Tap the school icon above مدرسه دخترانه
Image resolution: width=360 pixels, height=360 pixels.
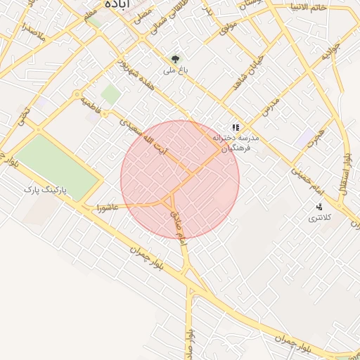click(x=236, y=128)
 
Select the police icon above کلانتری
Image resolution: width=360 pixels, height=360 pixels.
click(x=319, y=207)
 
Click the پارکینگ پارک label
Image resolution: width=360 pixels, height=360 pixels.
click(x=48, y=190)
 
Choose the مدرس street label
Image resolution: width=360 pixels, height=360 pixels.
click(x=271, y=107)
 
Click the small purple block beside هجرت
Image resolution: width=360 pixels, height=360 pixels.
click(x=305, y=139)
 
